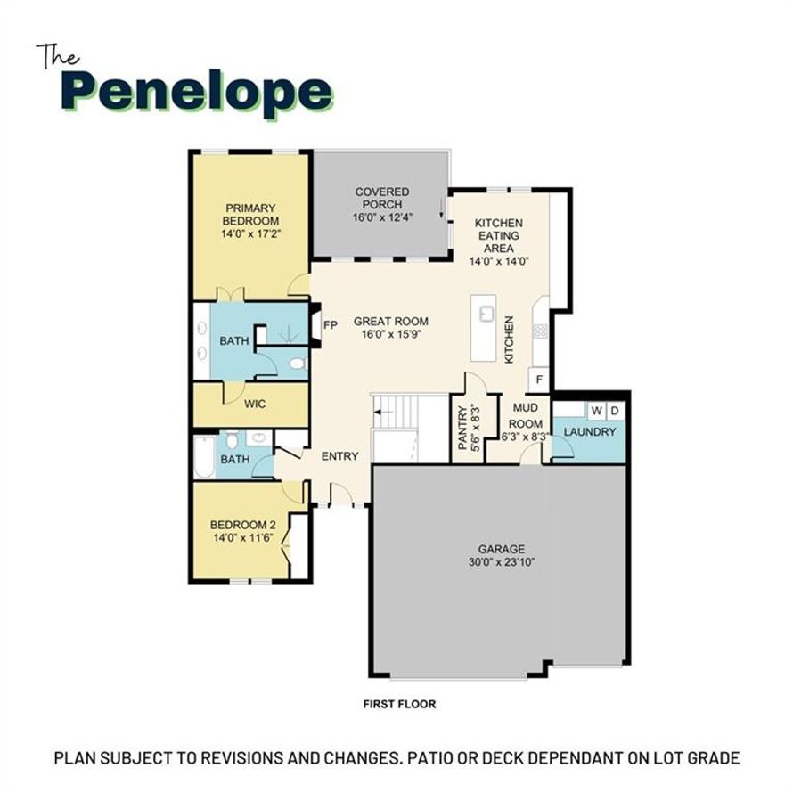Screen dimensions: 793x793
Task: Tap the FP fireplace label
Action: pyautogui.click(x=331, y=325)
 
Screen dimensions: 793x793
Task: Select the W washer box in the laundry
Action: pyautogui.click(x=596, y=411)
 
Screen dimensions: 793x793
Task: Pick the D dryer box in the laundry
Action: pyautogui.click(x=615, y=411)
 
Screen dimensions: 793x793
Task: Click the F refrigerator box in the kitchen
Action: pyautogui.click(x=539, y=380)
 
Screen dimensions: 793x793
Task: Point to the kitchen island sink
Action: pyautogui.click(x=486, y=313)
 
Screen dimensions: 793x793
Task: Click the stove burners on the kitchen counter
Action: pyautogui.click(x=540, y=331)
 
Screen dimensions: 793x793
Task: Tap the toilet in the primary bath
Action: pyautogui.click(x=298, y=364)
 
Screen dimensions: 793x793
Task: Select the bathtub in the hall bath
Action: pyautogui.click(x=204, y=458)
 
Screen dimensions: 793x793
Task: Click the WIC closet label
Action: pyautogui.click(x=255, y=405)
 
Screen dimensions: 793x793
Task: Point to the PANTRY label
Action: pyautogui.click(x=462, y=428)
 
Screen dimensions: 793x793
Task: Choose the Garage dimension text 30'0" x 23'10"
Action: pyautogui.click(x=502, y=562)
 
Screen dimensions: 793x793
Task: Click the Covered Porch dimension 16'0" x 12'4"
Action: pyautogui.click(x=382, y=217)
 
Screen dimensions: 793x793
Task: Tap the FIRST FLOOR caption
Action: pyautogui.click(x=399, y=704)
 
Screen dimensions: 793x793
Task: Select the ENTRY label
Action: pyautogui.click(x=339, y=456)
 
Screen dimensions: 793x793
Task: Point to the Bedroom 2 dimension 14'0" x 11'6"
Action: pyautogui.click(x=244, y=537)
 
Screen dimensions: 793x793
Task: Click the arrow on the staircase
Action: pyautogui.click(x=383, y=413)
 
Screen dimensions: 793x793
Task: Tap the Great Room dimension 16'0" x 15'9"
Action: pyautogui.click(x=391, y=334)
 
